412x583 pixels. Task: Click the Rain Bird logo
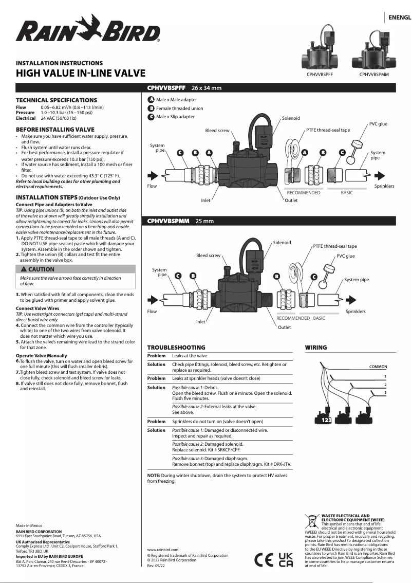(88, 29)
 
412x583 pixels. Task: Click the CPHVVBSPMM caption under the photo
(373, 75)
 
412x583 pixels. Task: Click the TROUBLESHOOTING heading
(176, 348)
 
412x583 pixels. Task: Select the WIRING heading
(315, 348)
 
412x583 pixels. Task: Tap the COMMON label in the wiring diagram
(378, 367)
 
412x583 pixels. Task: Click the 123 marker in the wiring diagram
(326, 421)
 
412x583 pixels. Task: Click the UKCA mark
(286, 559)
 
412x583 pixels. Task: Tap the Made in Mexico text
(29, 526)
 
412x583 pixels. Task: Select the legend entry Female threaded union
(179, 108)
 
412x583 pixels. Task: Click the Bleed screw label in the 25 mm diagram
(208, 256)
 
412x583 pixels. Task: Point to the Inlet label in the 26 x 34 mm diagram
(205, 200)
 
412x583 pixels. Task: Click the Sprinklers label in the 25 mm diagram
(355, 312)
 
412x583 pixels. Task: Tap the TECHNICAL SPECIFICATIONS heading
(56, 100)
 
